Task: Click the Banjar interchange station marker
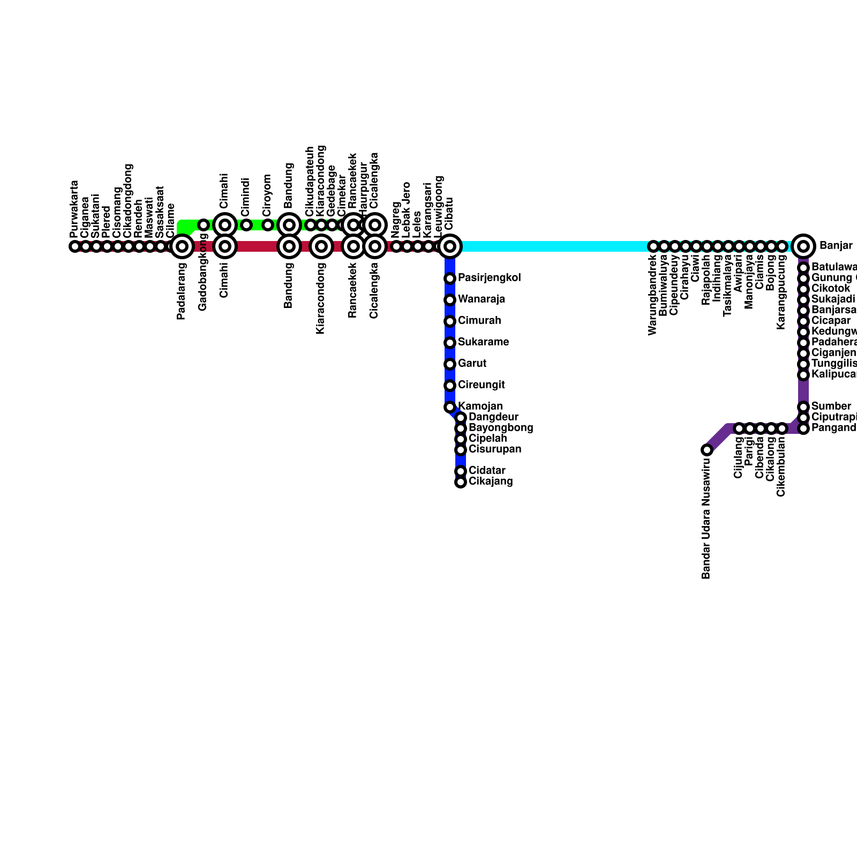point(803,246)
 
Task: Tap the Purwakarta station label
point(74,209)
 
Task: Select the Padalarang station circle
point(182,246)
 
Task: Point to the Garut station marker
point(450,364)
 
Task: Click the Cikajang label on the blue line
point(491,482)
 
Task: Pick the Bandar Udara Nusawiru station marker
point(707,450)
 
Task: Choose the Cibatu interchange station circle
point(450,246)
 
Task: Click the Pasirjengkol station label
point(490,278)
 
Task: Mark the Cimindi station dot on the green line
point(246,225)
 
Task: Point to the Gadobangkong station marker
point(204,225)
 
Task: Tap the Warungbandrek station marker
point(653,246)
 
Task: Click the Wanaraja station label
point(482,299)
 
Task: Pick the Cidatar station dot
point(461,471)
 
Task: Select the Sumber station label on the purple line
point(831,407)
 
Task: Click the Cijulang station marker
point(739,428)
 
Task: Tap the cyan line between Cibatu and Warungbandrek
point(552,246)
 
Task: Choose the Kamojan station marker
point(450,407)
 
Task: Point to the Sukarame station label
point(483,342)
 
